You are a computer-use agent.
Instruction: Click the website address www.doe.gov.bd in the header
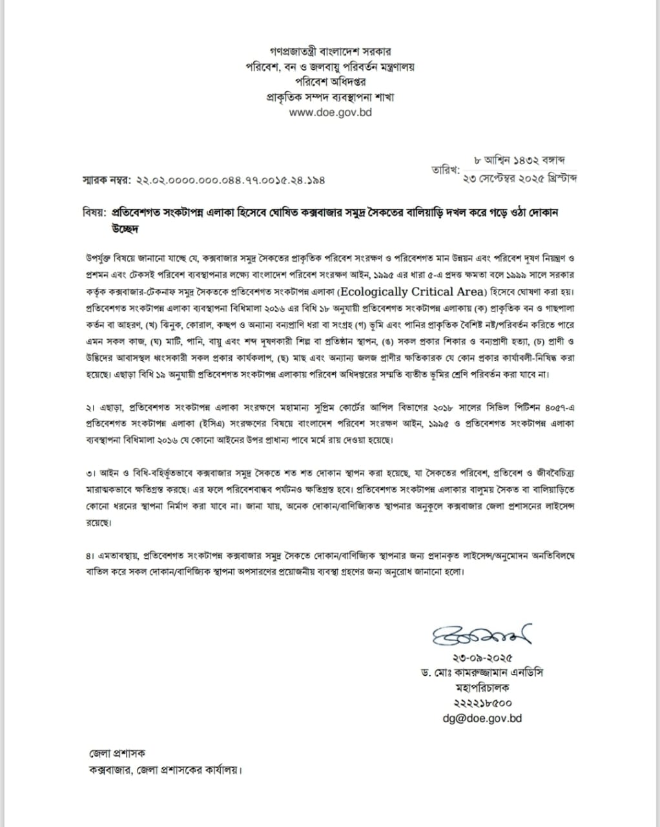[330, 112]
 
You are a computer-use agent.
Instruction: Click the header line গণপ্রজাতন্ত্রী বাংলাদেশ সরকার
[330, 50]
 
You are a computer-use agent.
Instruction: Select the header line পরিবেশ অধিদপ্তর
[330, 81]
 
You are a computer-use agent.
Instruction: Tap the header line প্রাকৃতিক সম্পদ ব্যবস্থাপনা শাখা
[330, 97]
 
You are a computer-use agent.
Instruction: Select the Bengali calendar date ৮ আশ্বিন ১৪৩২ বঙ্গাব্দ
[520, 160]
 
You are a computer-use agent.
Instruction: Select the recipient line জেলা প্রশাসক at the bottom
[117, 753]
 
